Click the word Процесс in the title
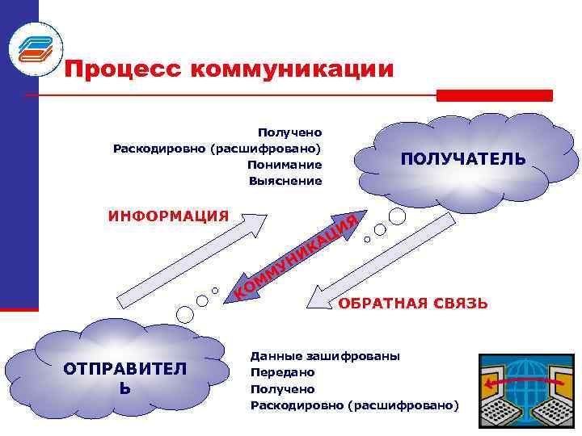tap(124, 69)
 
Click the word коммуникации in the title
tap(293, 69)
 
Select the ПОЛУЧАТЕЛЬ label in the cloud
tap(463, 159)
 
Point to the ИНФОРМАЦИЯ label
tap(168, 216)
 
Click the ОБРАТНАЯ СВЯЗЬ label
tap(412, 304)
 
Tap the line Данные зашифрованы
tap(325, 356)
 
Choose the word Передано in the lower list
tap(283, 372)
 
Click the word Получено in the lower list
tap(283, 388)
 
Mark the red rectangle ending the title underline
tap(494, 95)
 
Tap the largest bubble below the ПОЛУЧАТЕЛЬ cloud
tap(397, 216)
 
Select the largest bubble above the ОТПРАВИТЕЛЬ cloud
tap(184, 312)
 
